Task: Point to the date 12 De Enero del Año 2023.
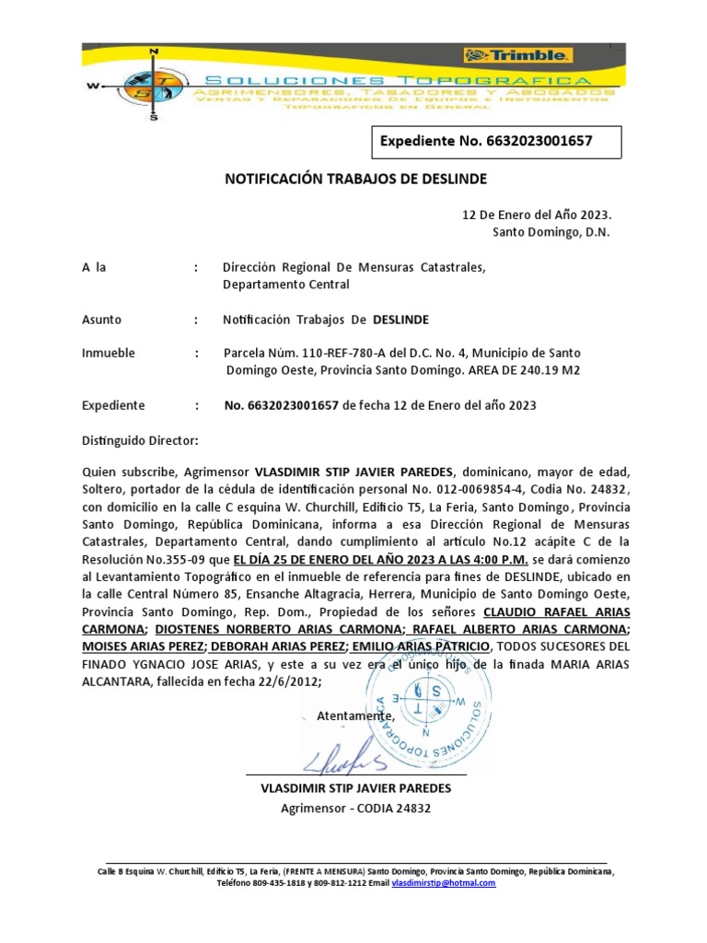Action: point(536,215)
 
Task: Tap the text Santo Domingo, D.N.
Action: point(551,232)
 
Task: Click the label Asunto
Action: point(101,320)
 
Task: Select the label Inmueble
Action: point(109,354)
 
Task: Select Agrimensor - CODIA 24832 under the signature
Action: point(356,809)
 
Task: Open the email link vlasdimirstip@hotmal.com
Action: point(444,882)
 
